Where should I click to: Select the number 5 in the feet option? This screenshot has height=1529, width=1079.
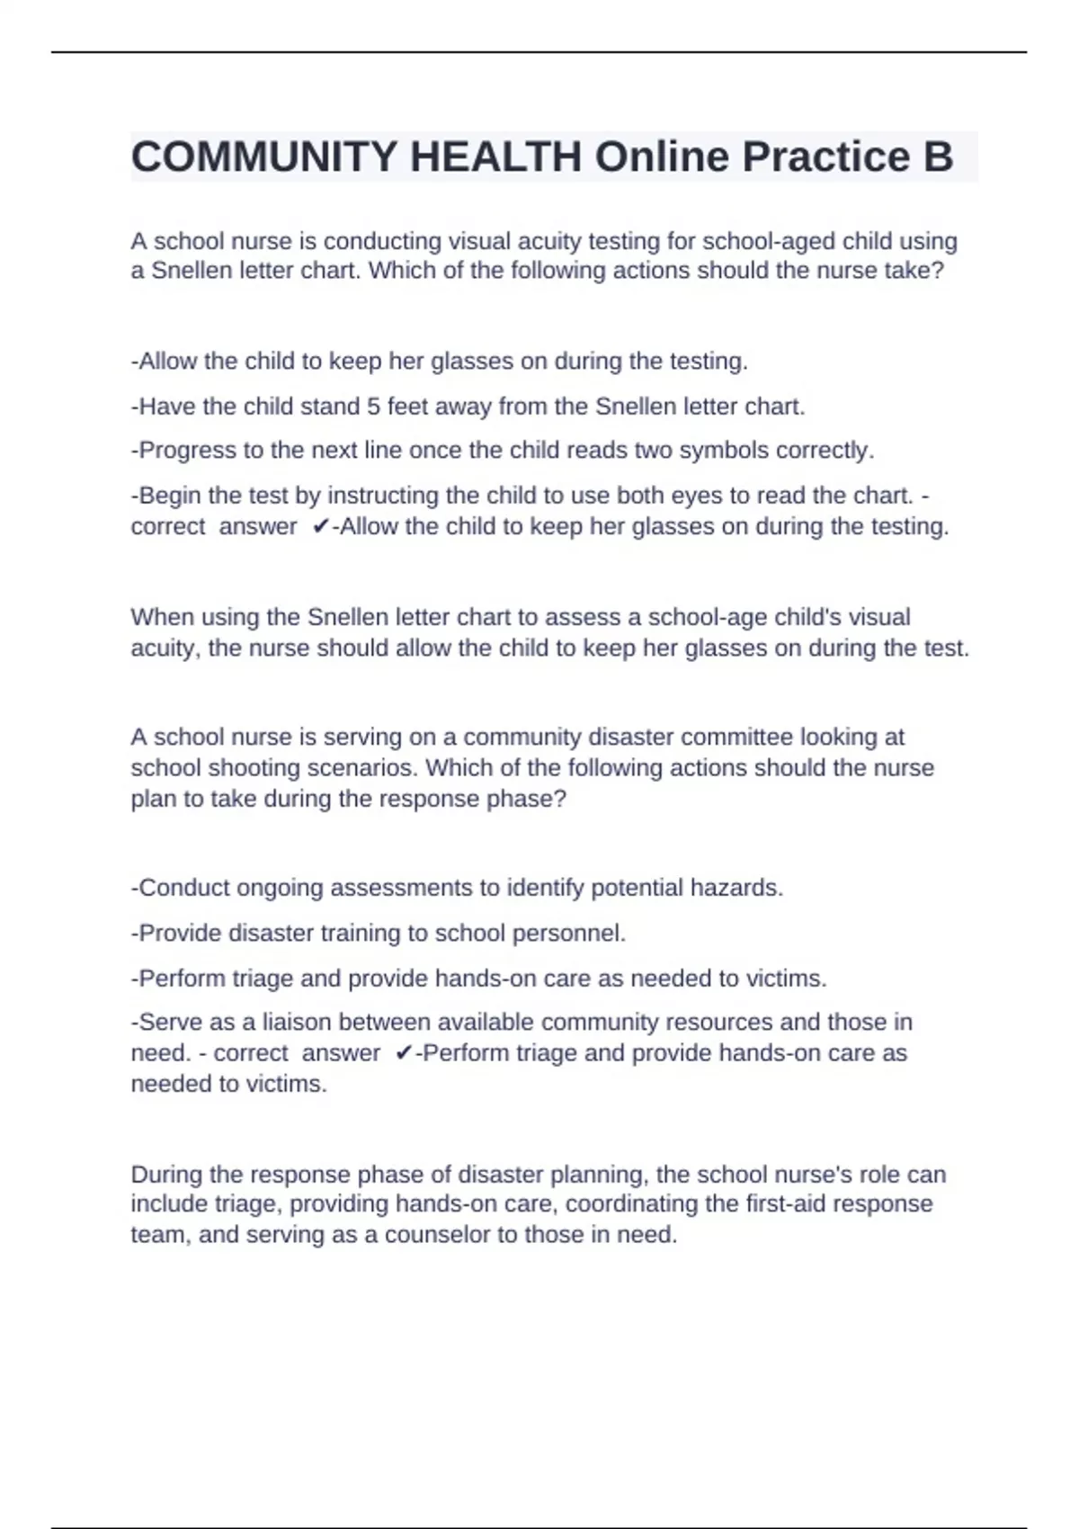tap(373, 407)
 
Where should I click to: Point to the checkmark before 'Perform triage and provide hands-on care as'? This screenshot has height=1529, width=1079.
tap(404, 1053)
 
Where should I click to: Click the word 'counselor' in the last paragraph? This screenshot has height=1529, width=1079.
tap(437, 1235)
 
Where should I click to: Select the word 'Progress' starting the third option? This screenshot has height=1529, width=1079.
tap(187, 450)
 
